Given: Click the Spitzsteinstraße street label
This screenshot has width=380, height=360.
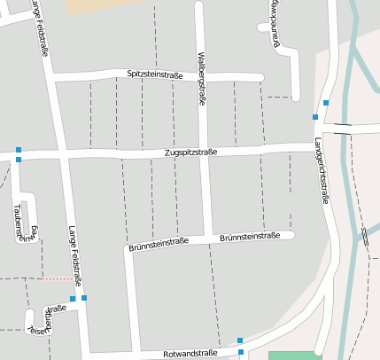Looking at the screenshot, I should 154,74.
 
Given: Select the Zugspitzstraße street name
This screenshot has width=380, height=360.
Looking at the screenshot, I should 191,153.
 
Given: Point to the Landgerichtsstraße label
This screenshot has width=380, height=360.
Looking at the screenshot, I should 322,172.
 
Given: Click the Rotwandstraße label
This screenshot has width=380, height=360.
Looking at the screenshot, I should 191,353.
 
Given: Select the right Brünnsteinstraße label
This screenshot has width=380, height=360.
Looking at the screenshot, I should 250,237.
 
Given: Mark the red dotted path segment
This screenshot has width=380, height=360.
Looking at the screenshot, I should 58,278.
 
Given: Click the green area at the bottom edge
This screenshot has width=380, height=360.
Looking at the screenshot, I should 295,356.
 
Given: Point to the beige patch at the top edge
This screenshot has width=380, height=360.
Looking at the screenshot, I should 92,5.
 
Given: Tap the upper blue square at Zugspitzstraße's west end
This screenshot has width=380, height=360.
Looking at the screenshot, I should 18,150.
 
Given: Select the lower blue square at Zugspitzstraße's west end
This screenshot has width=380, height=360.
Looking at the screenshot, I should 18,160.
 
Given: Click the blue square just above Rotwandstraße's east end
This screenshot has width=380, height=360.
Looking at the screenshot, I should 240,340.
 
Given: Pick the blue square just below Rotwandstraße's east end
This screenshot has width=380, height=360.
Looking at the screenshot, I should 241,352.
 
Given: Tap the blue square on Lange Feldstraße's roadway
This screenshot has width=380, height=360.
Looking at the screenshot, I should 84,298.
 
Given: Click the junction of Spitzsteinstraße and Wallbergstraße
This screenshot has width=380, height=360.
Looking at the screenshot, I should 200,74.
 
